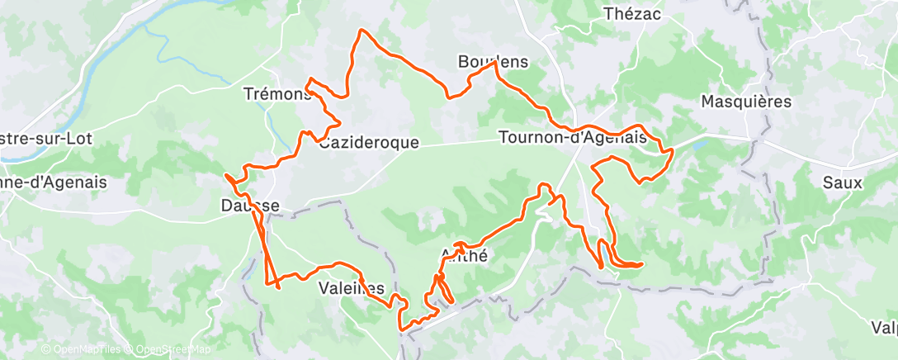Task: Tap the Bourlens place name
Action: click(x=493, y=62)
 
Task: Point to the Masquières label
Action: click(x=745, y=102)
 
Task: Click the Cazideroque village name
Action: click(x=369, y=143)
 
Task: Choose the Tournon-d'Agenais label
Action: click(x=572, y=138)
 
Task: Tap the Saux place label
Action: click(x=842, y=182)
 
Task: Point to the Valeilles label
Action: click(x=352, y=288)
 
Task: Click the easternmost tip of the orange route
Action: click(x=673, y=150)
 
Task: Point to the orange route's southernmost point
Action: click(x=402, y=331)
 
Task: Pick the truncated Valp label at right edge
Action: click(x=883, y=328)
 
